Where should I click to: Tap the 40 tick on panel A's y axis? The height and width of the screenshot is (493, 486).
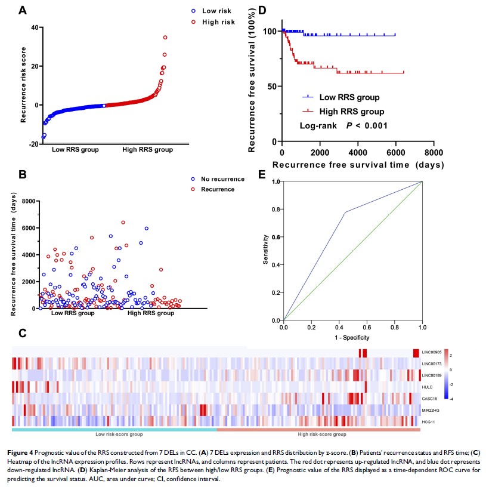(x=34, y=27)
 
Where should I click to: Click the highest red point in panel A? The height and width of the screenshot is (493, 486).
(x=165, y=37)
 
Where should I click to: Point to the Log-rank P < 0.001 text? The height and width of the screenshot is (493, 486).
(x=339, y=125)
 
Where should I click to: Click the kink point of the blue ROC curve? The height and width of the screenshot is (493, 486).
(x=345, y=212)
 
